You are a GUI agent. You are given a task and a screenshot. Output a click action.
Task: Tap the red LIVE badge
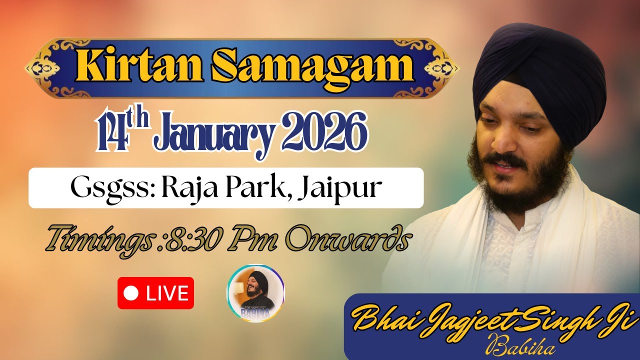tap(155, 293)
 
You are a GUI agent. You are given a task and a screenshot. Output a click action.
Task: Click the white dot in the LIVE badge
tap(131, 293)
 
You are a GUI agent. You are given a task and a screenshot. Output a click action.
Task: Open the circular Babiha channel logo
tap(255, 293)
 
